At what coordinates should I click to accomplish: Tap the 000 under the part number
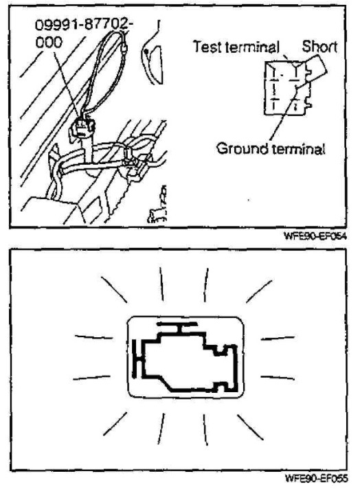click(49, 42)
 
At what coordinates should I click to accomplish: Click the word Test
click(208, 47)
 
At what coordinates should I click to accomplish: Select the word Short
click(319, 47)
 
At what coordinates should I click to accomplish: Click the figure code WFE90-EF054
click(315, 236)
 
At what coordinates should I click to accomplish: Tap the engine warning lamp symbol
click(185, 357)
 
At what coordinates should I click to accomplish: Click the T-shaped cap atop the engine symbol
click(178, 328)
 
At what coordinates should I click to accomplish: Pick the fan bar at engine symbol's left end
click(135, 359)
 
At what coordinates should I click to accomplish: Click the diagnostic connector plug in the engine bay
click(83, 127)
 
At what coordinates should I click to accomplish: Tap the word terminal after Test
click(252, 47)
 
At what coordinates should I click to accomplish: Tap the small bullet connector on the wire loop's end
click(124, 48)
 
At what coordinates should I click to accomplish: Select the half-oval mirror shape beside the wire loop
click(153, 64)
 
